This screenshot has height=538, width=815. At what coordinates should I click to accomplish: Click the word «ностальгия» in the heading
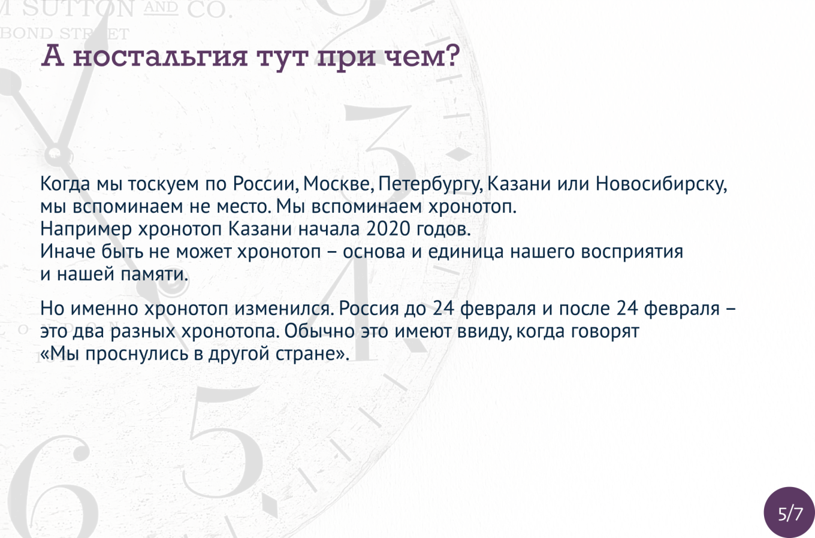click(160, 57)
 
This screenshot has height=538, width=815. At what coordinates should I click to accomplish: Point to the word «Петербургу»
click(431, 185)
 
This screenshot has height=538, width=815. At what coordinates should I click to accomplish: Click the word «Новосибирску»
click(661, 185)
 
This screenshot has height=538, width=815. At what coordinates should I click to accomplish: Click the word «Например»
click(86, 229)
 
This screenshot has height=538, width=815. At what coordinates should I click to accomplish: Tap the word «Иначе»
click(68, 252)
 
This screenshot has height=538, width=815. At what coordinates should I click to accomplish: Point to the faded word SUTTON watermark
click(79, 10)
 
